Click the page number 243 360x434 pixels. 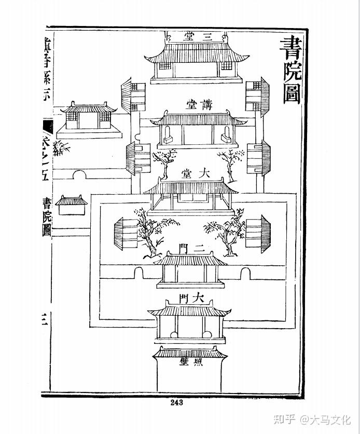click(176, 402)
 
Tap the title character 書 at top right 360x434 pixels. click(292, 49)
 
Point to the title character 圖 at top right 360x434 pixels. click(292, 94)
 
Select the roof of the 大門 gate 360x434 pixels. click(189, 311)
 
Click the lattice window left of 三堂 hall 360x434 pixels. click(164, 67)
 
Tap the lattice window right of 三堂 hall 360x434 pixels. click(227, 67)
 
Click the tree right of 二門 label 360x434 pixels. click(227, 232)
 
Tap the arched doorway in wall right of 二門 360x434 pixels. click(245, 274)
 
